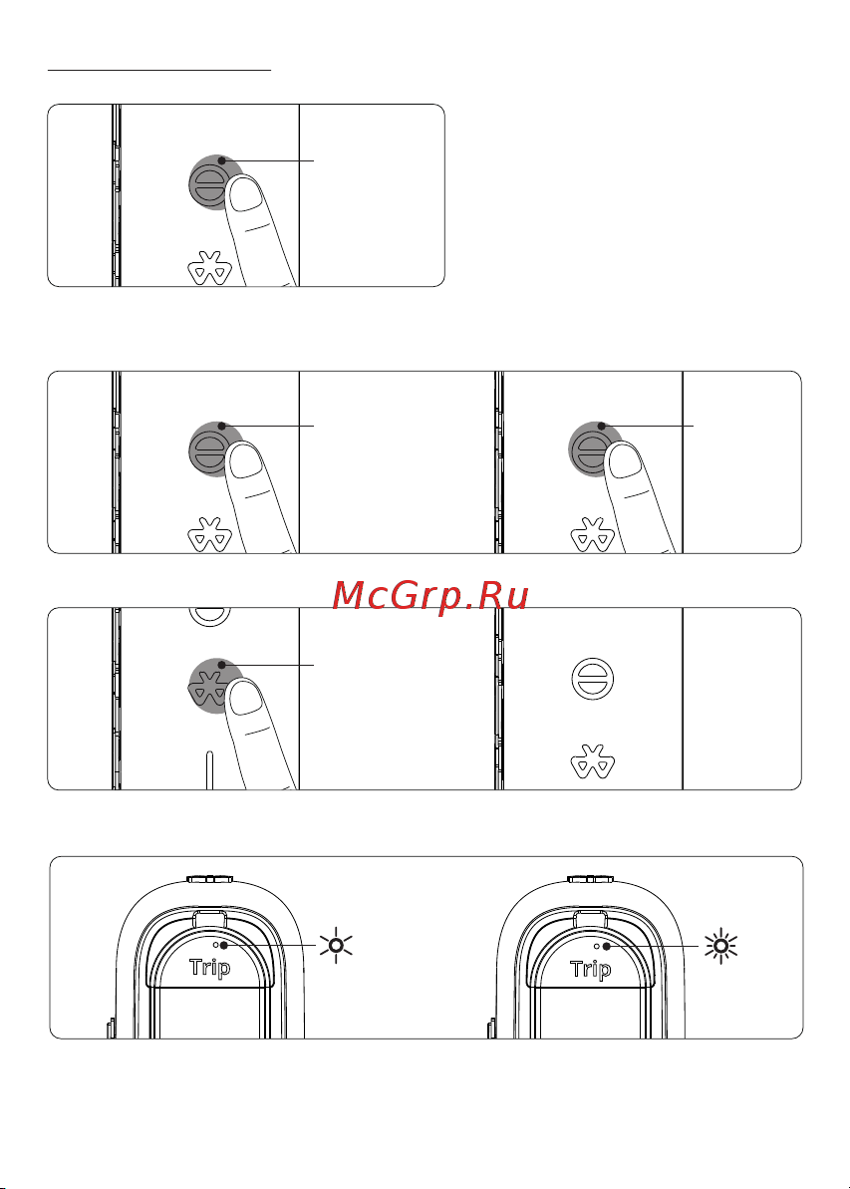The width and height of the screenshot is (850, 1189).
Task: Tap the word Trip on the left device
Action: [210, 969]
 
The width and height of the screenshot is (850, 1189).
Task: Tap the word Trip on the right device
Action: [591, 969]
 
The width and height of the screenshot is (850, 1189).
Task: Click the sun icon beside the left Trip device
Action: [336, 946]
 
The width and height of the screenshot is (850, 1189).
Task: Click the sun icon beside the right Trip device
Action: [720, 946]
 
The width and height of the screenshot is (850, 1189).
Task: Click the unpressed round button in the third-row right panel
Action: [592, 678]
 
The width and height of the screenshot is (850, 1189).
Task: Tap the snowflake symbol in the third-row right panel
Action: [592, 762]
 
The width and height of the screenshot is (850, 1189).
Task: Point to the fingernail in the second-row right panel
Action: [627, 460]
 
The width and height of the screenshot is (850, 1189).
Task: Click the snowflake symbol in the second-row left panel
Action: [209, 534]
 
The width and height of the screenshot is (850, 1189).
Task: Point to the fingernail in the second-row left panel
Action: [245, 460]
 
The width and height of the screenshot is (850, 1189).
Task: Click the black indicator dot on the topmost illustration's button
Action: [221, 160]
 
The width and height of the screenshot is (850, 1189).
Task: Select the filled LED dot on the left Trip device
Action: [223, 946]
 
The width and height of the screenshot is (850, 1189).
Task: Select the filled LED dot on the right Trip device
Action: [606, 946]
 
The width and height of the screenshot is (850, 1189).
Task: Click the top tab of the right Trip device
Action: [591, 880]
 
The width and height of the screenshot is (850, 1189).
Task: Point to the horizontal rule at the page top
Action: [159, 70]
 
